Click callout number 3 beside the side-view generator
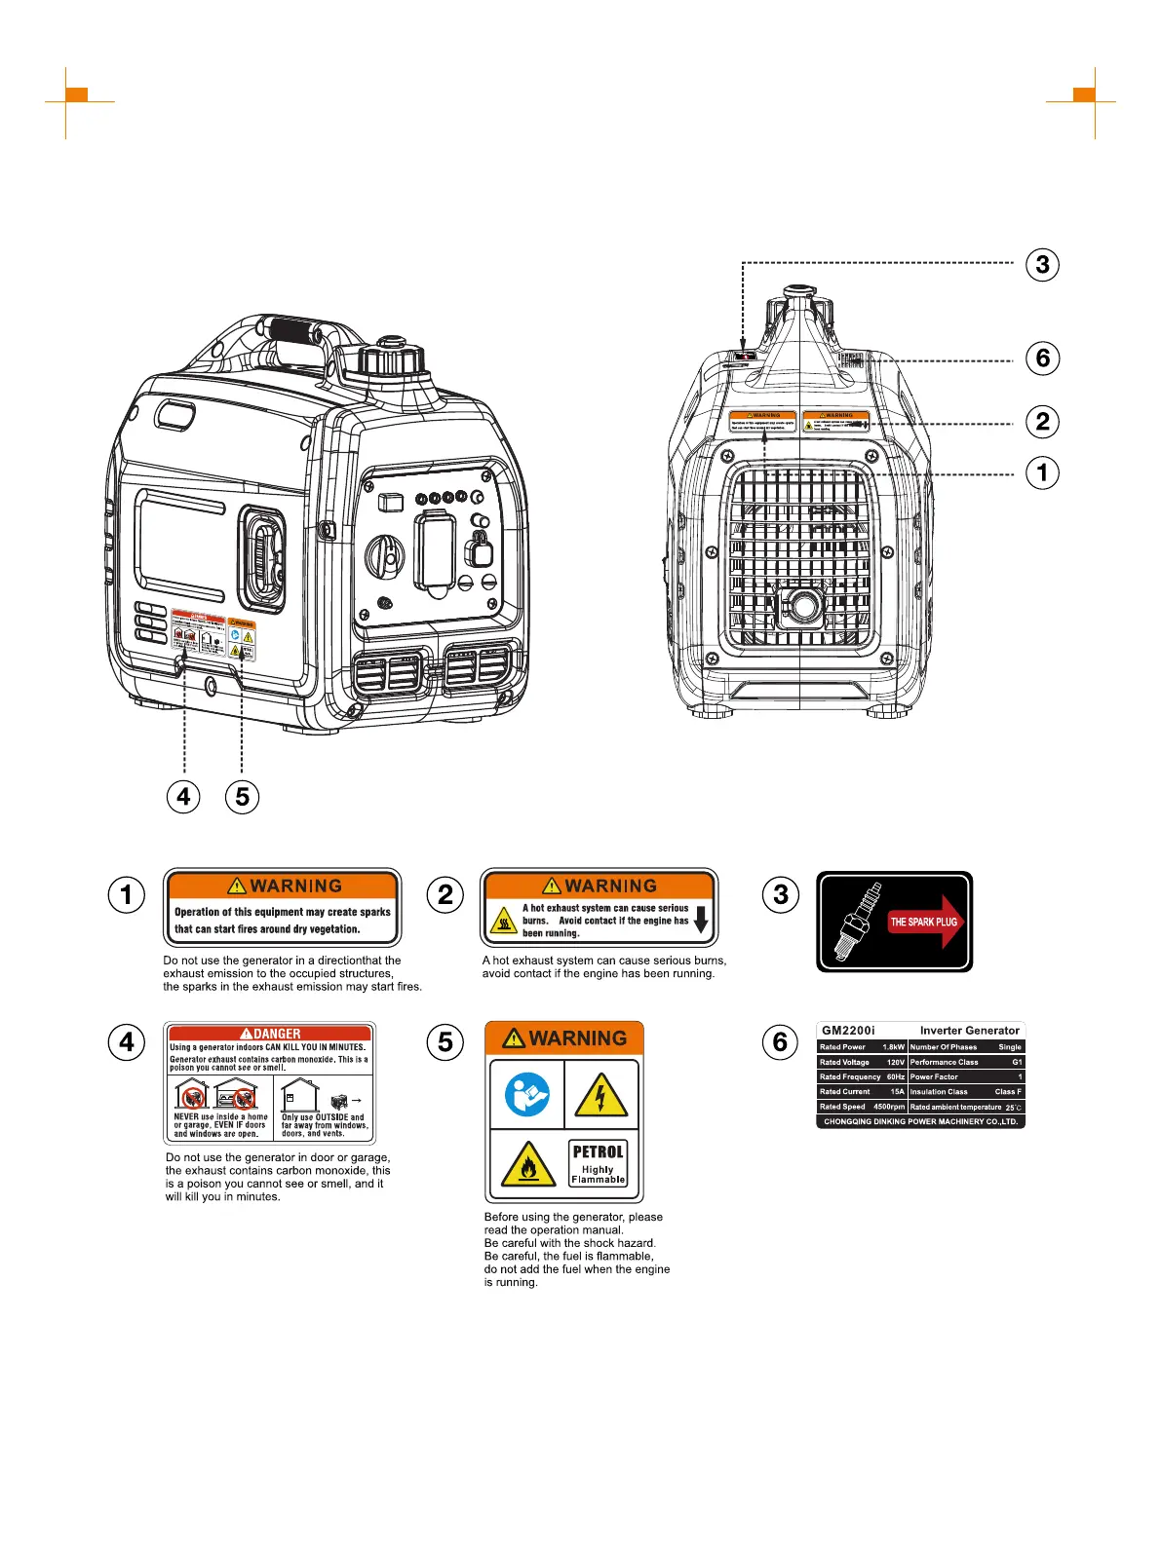(1042, 264)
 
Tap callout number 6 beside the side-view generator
(1042, 358)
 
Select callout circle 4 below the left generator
(183, 797)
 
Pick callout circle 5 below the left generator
(242, 797)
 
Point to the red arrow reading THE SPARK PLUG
(924, 922)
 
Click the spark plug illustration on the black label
(855, 922)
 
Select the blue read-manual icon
(526, 1094)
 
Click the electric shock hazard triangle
(600, 1096)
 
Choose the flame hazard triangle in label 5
(527, 1165)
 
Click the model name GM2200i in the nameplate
(848, 1031)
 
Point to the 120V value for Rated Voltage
(895, 1062)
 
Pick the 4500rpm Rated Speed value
(889, 1107)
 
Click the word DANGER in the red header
(277, 1034)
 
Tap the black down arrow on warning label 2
(700, 920)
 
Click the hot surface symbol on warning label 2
(503, 921)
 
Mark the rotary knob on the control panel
(384, 556)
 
